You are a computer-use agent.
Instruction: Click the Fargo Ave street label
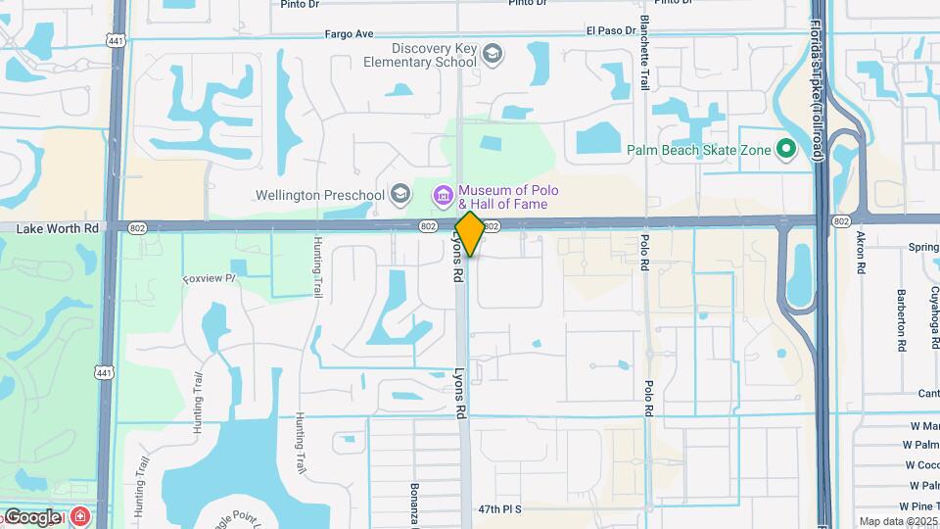coord(350,34)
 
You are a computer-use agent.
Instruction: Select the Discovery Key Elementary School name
coord(433,55)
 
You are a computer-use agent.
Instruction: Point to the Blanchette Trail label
coord(644,53)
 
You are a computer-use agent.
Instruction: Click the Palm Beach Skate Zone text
coord(698,150)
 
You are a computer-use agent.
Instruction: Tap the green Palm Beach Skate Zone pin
coord(784,149)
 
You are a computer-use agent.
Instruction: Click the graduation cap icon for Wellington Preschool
coord(399,194)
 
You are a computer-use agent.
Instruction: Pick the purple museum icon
coord(444,197)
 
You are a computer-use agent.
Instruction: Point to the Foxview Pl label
coord(210,279)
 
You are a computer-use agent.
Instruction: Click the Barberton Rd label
coord(901,319)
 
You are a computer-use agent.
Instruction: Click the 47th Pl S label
coord(500,509)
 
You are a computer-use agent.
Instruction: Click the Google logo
coord(31,517)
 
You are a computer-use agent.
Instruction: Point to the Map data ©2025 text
coord(898,521)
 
